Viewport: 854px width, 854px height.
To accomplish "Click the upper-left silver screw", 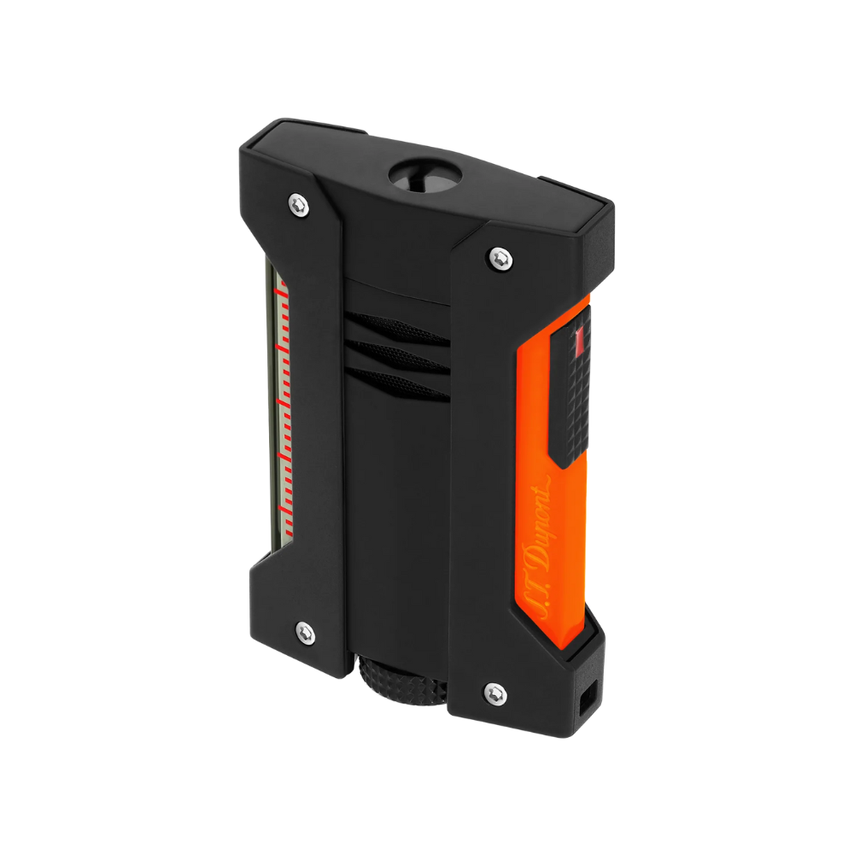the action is click(x=298, y=206).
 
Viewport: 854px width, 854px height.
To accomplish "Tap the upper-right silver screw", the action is click(x=500, y=258).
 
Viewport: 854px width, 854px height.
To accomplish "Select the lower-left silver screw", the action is click(x=305, y=633).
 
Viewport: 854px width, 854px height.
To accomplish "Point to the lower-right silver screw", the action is click(x=495, y=693).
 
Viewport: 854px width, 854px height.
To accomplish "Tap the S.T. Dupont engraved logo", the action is click(x=537, y=547).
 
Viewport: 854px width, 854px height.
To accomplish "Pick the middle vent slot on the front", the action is click(x=398, y=356).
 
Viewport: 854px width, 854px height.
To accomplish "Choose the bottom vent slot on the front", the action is click(x=398, y=384).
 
